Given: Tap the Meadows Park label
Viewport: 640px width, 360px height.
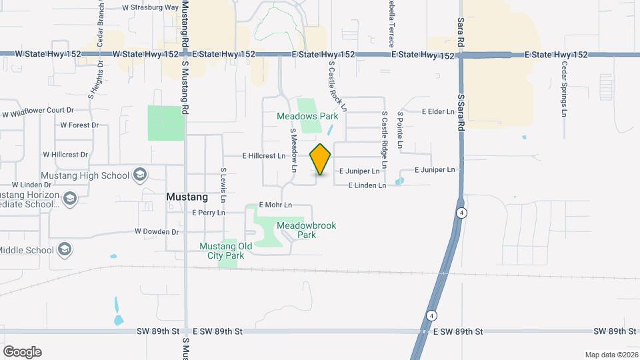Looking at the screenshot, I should [307, 116].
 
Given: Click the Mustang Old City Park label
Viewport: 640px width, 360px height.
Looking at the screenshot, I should [226, 251].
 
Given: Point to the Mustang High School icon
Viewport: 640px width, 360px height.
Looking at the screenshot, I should [140, 175].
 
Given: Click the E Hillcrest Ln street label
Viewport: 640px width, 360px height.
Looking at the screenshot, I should [262, 155].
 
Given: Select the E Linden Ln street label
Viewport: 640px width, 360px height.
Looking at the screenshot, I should [367, 185].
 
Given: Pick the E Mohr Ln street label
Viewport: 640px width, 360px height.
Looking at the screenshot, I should [275, 204].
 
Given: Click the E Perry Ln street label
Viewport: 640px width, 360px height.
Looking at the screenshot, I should [209, 213].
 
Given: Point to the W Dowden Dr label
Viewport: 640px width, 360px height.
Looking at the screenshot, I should [157, 232].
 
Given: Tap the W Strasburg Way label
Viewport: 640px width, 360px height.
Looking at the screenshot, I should [150, 8].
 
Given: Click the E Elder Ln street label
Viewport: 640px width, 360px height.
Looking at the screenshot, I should [437, 111].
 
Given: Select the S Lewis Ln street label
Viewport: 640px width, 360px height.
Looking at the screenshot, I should [224, 185].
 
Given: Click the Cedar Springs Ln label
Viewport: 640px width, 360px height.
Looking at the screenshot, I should [564, 89].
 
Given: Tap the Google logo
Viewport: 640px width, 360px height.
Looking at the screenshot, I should [22, 352].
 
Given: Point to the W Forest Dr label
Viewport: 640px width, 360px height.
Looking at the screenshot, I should [79, 125].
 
